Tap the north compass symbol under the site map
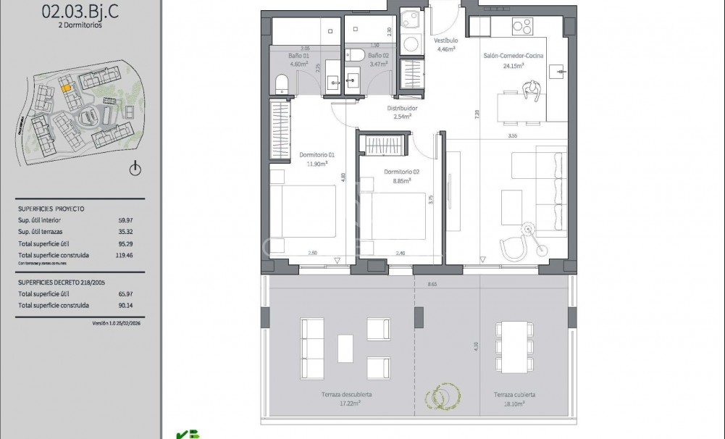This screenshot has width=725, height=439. pyautogui.click(x=135, y=170)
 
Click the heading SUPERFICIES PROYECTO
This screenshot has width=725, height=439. pyautogui.click(x=51, y=209)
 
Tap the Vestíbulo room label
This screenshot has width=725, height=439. pyautogui.click(x=446, y=41)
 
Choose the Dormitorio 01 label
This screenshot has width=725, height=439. pyautogui.click(x=317, y=154)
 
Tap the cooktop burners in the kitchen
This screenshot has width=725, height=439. pyautogui.click(x=523, y=26)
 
